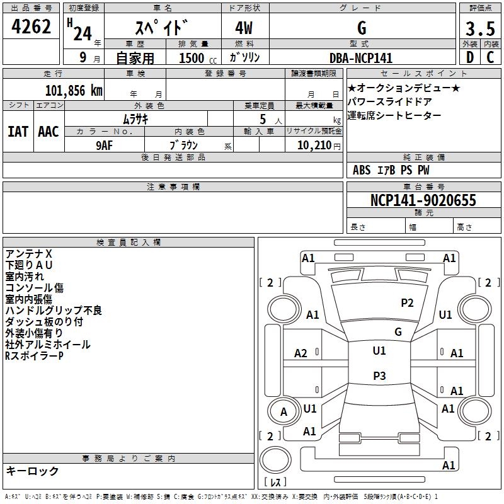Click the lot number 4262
pos(31,26)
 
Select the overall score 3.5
pos(480,28)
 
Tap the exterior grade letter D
pos(470,57)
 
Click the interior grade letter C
pos(490,57)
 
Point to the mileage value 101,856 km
pos(74,91)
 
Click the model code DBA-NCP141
pos(361,58)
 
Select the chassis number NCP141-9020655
pos(423,200)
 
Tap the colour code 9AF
pos(104,146)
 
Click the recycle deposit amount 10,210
pos(314,145)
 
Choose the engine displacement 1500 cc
pos(198,58)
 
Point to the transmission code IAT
pos(18,132)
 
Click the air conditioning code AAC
pos(49,132)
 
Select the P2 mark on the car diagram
pos(407,302)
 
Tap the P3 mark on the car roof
pos(379,375)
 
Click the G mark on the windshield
pos(398,331)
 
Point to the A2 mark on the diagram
pos(301,353)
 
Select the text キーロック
pos(32,471)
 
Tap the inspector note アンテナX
pos(28,254)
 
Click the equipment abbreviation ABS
pos(362,170)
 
